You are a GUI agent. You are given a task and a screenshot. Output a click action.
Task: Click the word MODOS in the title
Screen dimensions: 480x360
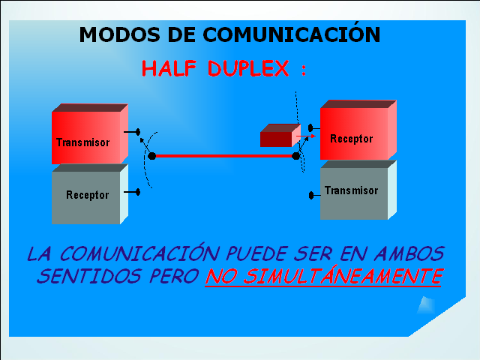pos(119,34)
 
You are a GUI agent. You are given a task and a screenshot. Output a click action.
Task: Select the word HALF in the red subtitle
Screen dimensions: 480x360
pos(169,68)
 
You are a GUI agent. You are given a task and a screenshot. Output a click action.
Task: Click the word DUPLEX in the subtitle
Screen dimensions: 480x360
pos(248,68)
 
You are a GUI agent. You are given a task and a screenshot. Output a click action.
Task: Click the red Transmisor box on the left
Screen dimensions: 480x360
pos(90,134)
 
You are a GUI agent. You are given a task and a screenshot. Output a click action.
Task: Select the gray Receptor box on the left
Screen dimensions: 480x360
pos(90,194)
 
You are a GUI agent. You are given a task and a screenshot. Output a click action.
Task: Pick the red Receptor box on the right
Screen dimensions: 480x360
pos(358,130)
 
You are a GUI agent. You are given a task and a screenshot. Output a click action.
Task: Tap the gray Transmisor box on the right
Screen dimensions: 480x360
pos(358,190)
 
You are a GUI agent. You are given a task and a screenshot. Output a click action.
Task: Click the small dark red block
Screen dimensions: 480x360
pos(280,135)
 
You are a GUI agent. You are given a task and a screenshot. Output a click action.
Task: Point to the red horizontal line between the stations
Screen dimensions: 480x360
pos(223,156)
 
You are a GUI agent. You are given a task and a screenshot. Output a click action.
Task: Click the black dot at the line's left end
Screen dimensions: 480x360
pos(151,156)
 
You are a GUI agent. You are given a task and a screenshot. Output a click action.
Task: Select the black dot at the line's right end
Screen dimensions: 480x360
pos(296,156)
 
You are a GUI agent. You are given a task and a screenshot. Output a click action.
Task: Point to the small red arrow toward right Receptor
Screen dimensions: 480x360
pos(306,136)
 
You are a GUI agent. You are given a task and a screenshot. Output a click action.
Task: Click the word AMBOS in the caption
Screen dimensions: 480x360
pos(409,253)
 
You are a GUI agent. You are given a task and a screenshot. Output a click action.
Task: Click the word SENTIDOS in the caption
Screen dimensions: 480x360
pos(88,276)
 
